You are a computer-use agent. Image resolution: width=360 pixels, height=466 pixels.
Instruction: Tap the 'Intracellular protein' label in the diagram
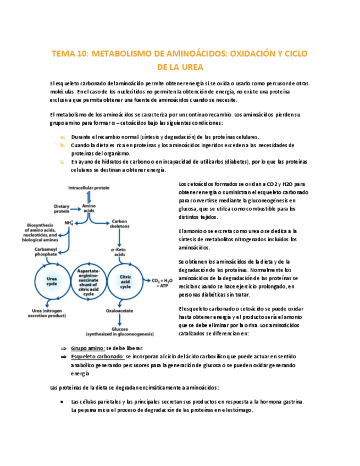89,187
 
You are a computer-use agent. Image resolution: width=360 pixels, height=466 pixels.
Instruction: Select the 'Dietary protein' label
62,208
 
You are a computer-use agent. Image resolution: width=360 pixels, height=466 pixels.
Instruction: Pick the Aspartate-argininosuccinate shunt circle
89,282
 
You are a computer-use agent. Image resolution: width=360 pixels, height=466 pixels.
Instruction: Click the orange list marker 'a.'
63,137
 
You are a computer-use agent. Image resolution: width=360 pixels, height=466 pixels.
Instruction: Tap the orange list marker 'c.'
63,162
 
